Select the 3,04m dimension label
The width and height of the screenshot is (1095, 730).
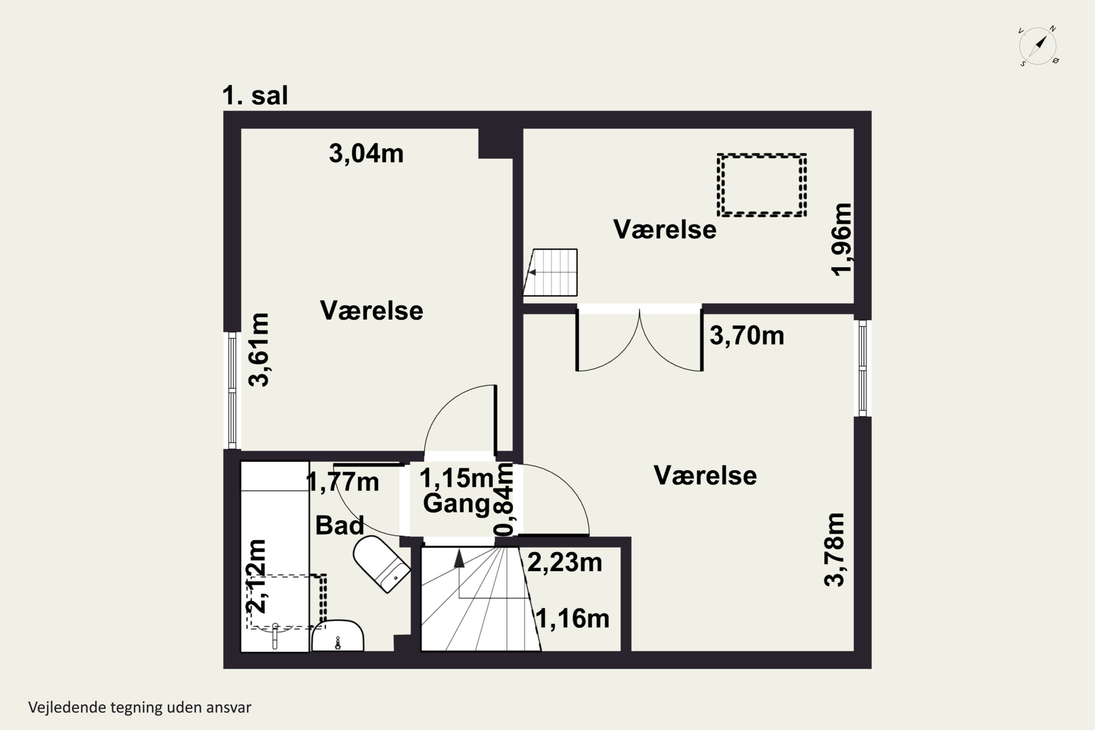(366, 153)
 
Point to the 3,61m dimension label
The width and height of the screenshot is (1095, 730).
(258, 350)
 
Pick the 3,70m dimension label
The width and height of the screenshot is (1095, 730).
(746, 336)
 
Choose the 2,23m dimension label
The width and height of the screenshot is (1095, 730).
(564, 562)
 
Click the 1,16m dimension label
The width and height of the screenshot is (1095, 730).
(572, 619)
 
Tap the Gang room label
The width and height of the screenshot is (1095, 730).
(456, 503)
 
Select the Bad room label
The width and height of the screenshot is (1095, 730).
(339, 526)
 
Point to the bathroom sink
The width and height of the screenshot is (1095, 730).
(338, 636)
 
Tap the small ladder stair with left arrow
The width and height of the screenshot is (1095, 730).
(551, 272)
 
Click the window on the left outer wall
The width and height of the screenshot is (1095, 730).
(232, 390)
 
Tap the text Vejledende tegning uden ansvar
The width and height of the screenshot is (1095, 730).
(140, 707)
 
